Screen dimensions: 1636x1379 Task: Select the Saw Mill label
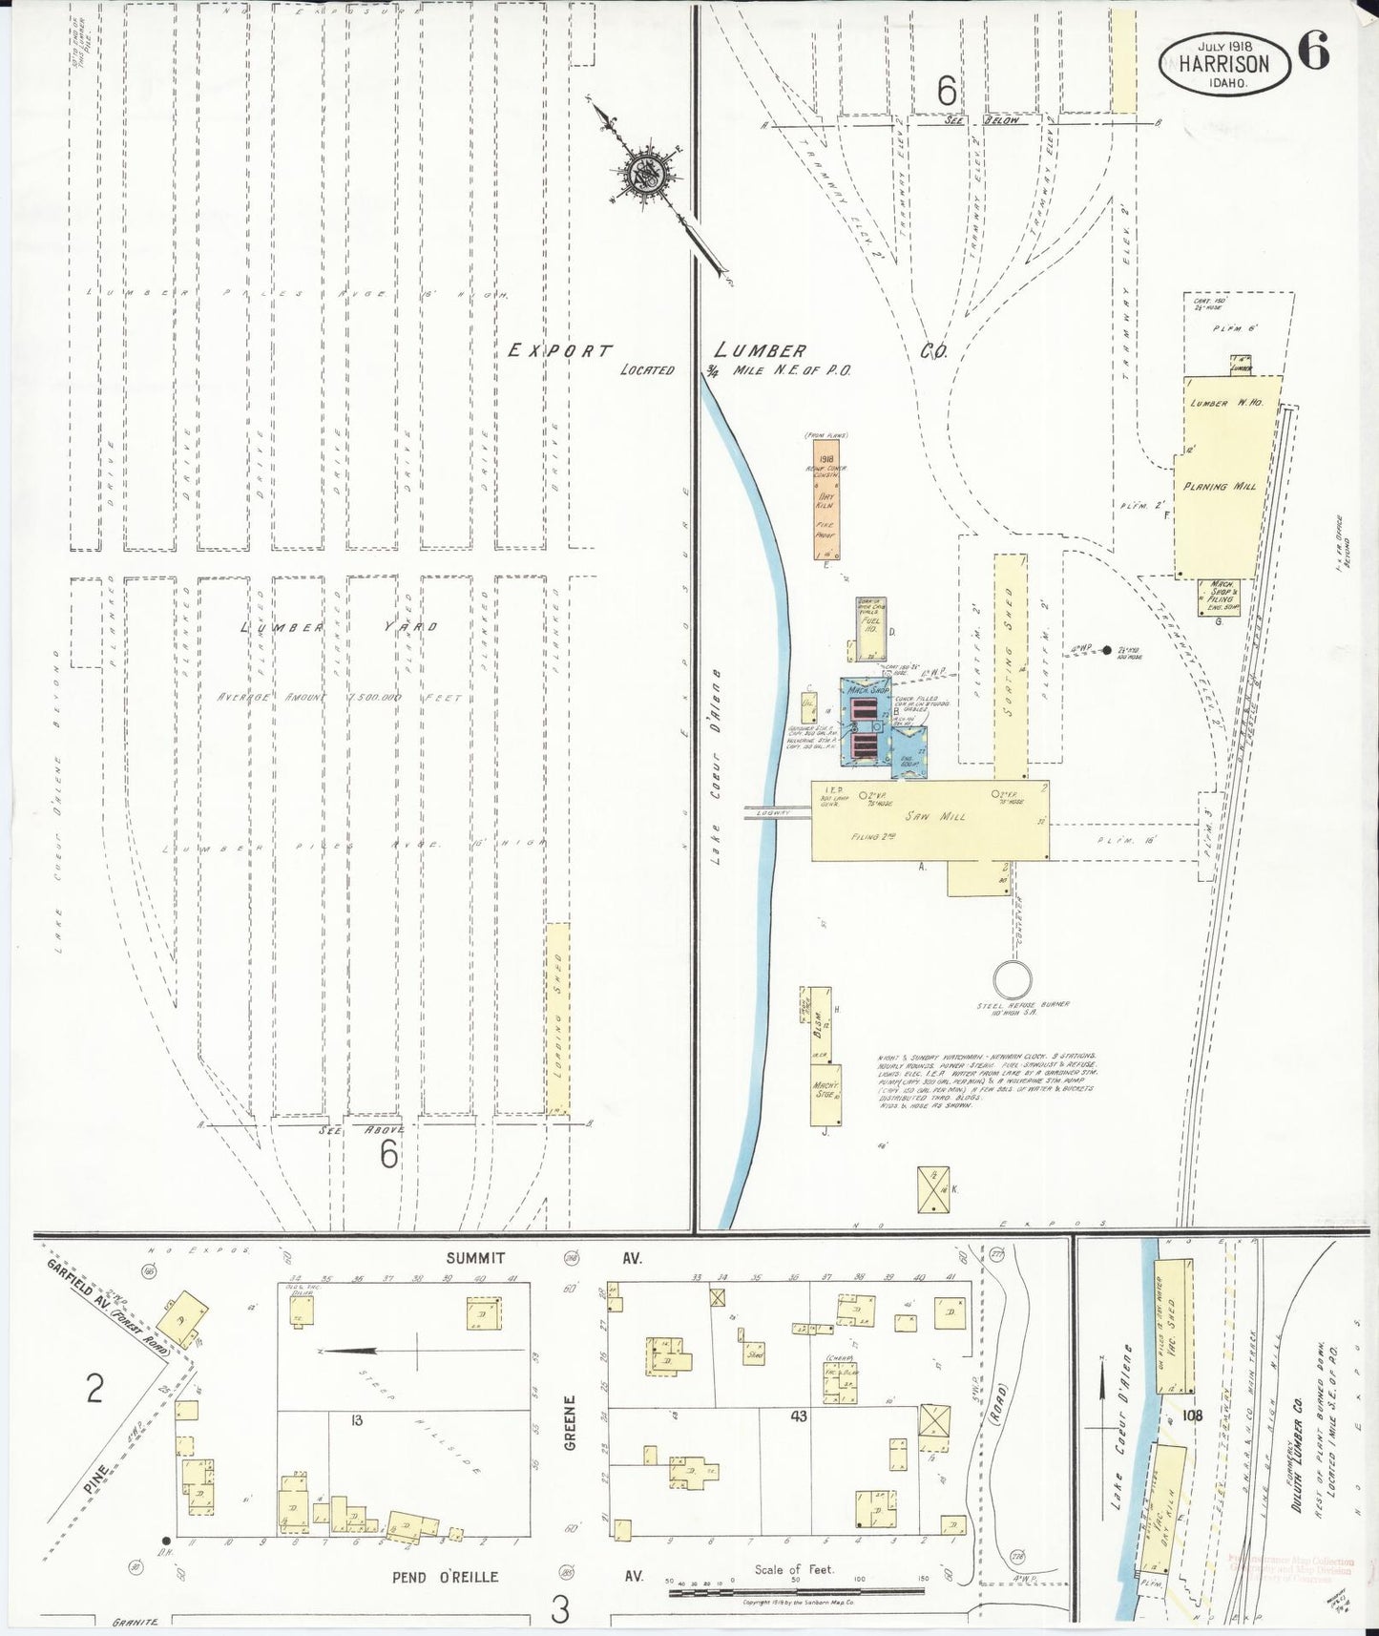941,816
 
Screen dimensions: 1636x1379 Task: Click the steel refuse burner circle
1013,980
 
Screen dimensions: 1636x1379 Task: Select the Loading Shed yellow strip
558,1017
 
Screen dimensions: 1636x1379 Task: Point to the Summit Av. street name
475,1258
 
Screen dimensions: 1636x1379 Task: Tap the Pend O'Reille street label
445,1577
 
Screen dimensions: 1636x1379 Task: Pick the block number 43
798,1416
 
